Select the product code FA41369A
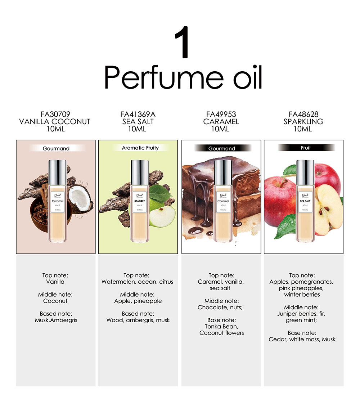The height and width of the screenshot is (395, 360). tap(138, 115)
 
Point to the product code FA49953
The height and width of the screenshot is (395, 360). tap(221, 115)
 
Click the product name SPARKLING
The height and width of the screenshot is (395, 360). tap(303, 122)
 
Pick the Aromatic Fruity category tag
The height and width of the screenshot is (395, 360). tap(140, 148)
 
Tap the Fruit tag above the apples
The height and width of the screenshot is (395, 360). tap(306, 148)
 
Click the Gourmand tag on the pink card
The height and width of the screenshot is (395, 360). tap(56, 148)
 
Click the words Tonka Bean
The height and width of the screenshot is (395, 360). tap(221, 327)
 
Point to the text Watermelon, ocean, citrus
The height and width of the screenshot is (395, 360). tap(137, 282)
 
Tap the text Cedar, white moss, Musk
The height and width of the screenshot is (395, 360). tap(302, 339)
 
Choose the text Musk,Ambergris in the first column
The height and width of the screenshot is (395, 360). tap(56, 320)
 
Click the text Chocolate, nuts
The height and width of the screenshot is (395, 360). tap(221, 308)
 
